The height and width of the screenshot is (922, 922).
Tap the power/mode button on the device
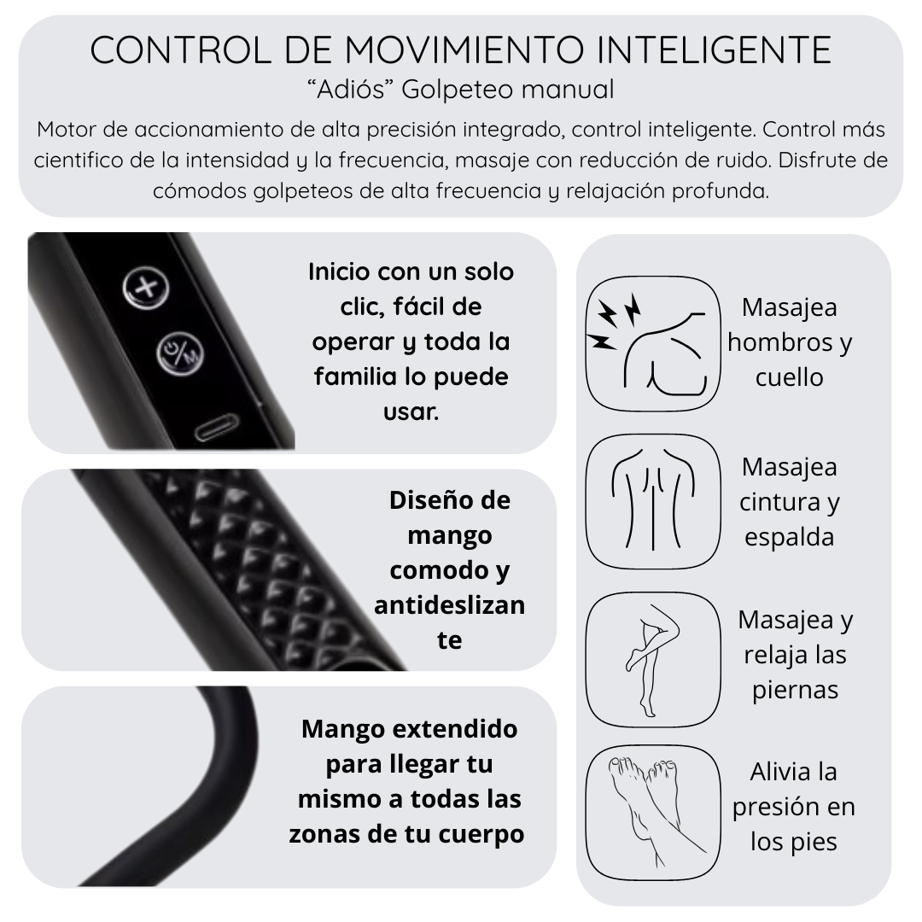(x=180, y=354)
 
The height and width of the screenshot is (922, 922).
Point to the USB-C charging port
(x=217, y=428)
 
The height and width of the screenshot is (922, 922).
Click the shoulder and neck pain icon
(x=653, y=343)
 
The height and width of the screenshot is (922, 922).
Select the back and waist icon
(x=653, y=502)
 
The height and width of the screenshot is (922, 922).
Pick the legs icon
(x=653, y=660)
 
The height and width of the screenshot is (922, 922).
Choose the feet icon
(x=653, y=814)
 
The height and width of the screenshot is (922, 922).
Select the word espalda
(x=789, y=538)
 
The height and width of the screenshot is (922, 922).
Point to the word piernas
(x=795, y=691)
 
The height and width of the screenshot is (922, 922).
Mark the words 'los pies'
(x=794, y=842)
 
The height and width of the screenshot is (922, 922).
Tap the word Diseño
(x=435, y=500)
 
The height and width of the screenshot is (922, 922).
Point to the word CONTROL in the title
(x=180, y=50)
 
